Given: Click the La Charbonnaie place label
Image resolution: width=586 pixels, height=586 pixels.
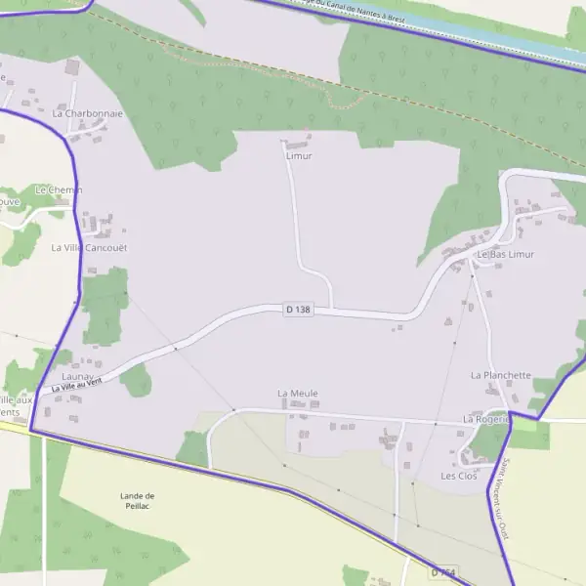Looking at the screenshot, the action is click(x=88, y=113).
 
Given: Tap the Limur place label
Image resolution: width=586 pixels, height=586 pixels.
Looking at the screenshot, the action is click(x=299, y=155).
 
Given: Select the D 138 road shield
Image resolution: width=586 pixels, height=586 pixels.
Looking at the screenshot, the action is click(x=298, y=309).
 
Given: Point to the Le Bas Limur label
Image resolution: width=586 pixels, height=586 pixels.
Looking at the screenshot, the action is click(x=505, y=254).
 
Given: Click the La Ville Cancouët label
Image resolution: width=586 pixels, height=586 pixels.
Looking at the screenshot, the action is click(x=89, y=248).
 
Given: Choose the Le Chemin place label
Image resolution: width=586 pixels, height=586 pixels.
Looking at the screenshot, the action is click(x=59, y=189).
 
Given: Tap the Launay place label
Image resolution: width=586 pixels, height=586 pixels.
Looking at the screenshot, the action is click(x=76, y=376).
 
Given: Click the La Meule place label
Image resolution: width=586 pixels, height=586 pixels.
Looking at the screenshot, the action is click(x=298, y=394).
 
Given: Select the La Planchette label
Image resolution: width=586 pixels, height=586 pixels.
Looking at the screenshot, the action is click(x=500, y=375).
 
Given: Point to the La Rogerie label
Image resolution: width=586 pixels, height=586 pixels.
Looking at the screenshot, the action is click(x=486, y=419).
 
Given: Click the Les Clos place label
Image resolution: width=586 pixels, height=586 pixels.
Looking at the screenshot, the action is click(x=459, y=476).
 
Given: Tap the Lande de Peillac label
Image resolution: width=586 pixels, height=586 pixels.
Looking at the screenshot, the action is click(x=138, y=501).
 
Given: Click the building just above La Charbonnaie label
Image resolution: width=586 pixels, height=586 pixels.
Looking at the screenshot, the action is click(x=71, y=67).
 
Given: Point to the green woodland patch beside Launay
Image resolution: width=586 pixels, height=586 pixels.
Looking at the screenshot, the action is click(x=137, y=379).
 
